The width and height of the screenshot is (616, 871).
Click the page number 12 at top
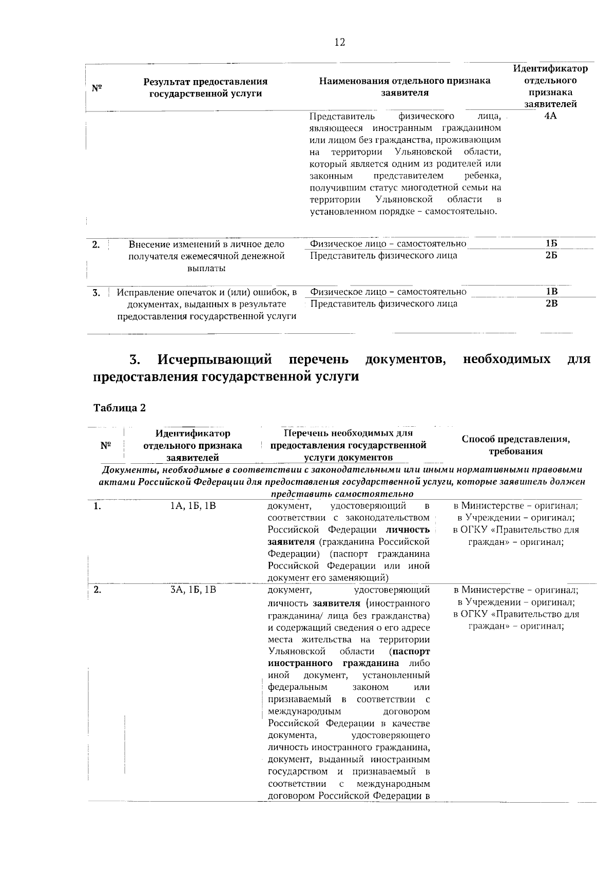tap(339, 43)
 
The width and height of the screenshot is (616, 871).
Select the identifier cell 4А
tap(550, 116)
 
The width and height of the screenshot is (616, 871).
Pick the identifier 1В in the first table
tap(551, 292)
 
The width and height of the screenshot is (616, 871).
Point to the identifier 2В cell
tap(551, 304)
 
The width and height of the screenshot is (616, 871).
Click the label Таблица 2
tap(120, 408)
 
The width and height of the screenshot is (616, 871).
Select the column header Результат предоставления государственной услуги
tap(205, 87)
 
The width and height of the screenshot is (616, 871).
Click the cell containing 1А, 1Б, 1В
tap(193, 506)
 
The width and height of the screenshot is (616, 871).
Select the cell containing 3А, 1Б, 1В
tap(193, 590)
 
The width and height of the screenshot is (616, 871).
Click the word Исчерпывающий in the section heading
tap(214, 359)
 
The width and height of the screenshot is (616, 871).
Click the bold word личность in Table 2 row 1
tap(408, 529)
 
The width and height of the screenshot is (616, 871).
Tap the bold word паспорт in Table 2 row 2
tap(411, 652)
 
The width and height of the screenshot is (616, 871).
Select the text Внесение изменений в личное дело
tap(206, 244)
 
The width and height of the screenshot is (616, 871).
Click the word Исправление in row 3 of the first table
tap(140, 293)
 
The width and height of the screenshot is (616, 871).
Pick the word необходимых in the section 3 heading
tap(506, 359)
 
